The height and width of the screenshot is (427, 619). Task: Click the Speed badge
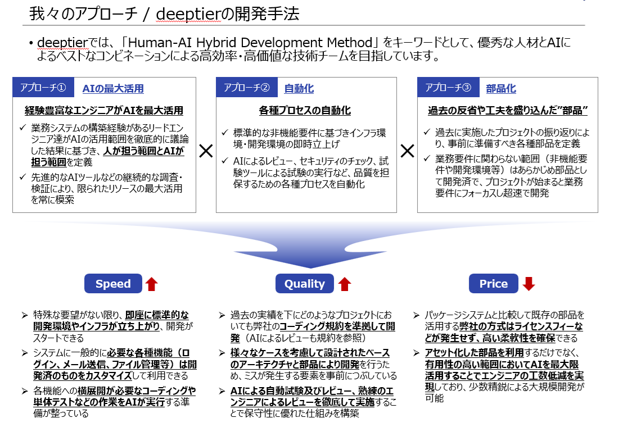click(x=113, y=283)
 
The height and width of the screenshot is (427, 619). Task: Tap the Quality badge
click(x=304, y=283)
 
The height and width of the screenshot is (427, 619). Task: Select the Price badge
click(x=494, y=283)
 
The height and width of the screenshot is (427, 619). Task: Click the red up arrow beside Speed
click(x=152, y=284)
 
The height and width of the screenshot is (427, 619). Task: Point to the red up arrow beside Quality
click(x=345, y=284)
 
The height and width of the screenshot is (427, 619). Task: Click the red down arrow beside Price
click(x=528, y=283)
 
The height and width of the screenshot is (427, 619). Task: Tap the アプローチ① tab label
click(x=43, y=87)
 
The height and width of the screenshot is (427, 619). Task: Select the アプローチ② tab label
click(x=247, y=87)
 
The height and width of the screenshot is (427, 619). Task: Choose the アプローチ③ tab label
click(x=448, y=87)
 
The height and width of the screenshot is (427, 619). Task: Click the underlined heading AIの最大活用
click(x=113, y=89)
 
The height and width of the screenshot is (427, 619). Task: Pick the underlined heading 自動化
click(x=299, y=89)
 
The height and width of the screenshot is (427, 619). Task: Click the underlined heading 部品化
click(x=501, y=89)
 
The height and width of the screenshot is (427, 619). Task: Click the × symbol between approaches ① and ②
click(x=206, y=151)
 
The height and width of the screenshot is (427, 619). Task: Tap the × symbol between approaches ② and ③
click(x=408, y=151)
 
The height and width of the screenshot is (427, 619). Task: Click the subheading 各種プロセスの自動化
click(x=305, y=111)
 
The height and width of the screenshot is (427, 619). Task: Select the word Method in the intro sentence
click(x=350, y=42)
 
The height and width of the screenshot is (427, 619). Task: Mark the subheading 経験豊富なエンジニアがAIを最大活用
click(x=104, y=111)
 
